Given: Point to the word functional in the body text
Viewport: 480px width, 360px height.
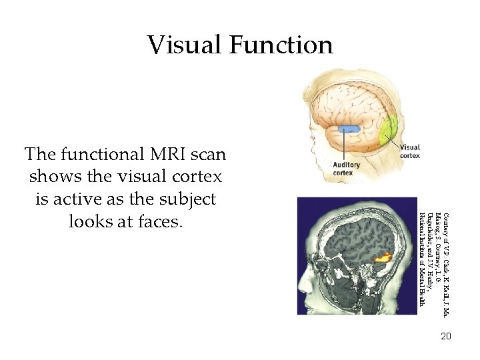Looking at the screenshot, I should (93, 155).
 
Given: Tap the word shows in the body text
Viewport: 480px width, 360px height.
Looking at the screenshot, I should (53, 177).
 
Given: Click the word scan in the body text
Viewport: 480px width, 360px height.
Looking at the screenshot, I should (204, 155).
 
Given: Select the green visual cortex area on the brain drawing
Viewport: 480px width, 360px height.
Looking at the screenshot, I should (389, 129).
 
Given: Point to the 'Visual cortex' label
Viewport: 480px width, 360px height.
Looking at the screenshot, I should (409, 151).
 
